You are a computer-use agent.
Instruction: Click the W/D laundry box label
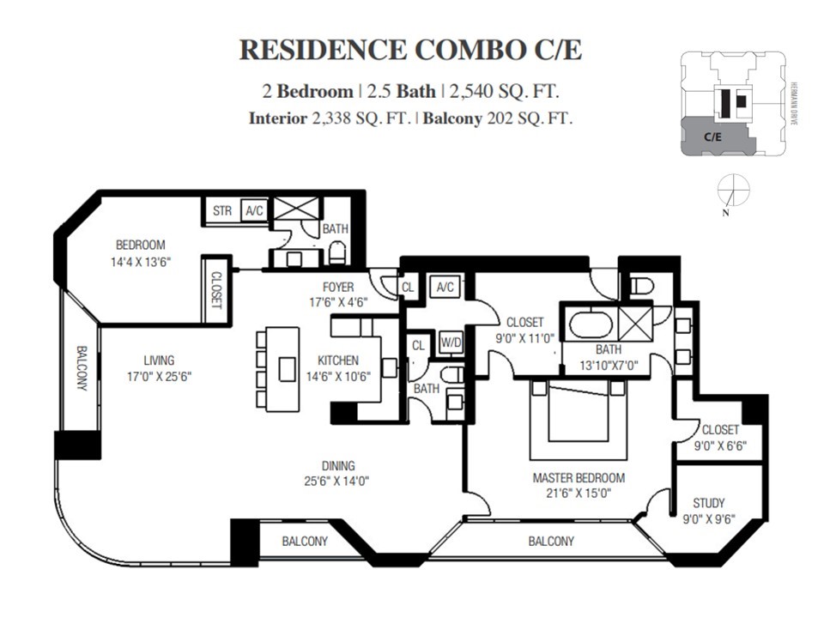coord(451,342)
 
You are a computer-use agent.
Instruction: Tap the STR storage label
coord(222,210)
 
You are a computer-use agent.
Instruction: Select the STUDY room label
coord(708,503)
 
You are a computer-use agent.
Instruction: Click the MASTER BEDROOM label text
coord(578,478)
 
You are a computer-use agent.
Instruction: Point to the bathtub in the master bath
coord(591,325)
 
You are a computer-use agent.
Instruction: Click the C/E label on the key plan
coord(712,136)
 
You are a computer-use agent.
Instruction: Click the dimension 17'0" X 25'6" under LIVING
coord(159,376)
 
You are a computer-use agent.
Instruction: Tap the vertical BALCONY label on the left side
coord(82,368)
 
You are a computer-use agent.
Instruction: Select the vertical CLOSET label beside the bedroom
coord(215,291)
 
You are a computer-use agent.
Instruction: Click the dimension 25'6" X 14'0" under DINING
coord(334,482)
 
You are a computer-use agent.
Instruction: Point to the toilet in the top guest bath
coord(337,251)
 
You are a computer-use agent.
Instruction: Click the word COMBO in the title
coord(465,50)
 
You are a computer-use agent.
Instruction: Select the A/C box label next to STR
coord(253,210)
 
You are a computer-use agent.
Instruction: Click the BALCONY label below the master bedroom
coord(550,542)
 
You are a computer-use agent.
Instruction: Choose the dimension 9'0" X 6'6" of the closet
coord(719,445)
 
